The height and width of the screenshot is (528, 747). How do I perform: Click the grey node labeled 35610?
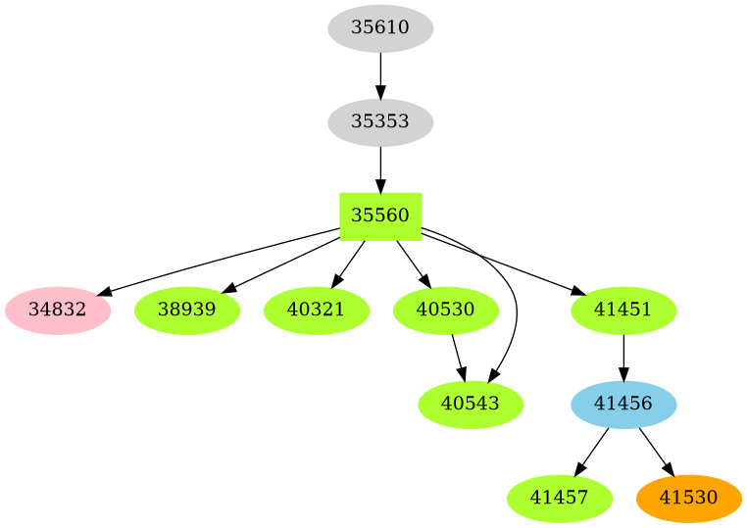380,27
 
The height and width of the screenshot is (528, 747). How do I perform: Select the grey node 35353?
380,122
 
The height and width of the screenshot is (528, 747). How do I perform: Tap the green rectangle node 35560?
380,216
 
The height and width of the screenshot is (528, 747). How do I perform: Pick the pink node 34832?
58,311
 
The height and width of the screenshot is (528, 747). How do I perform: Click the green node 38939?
187,311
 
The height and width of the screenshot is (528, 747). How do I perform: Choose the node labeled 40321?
317,311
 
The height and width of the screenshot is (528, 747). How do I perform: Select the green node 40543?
471,404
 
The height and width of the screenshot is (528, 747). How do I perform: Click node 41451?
624,311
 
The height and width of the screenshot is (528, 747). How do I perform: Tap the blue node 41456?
624,404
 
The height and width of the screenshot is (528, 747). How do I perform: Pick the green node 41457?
560,498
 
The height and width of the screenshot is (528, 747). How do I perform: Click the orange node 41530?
689,498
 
